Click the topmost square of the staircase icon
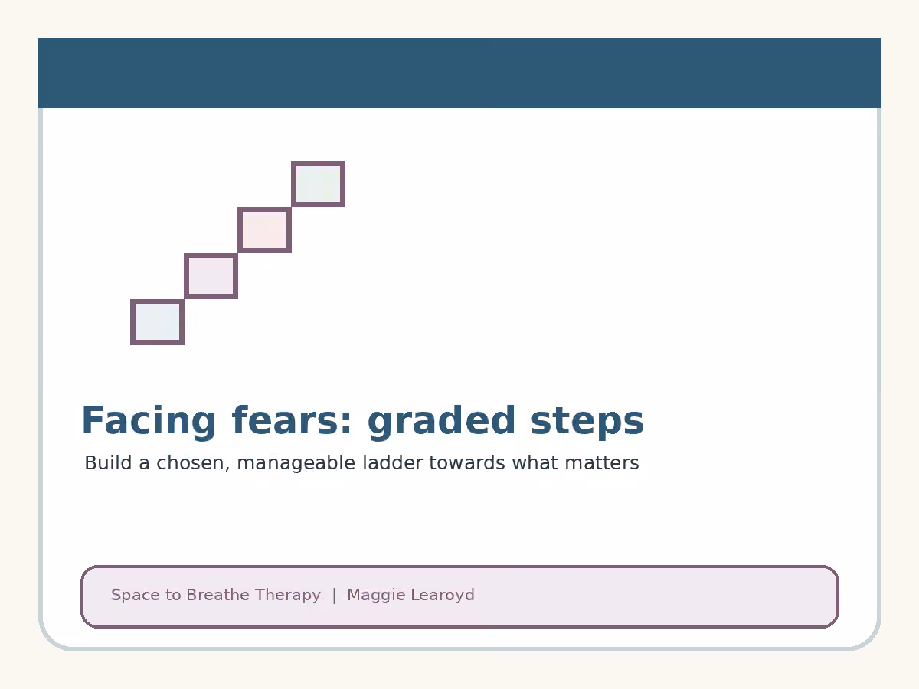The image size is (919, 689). [x=318, y=184]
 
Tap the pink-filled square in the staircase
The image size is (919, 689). [x=265, y=230]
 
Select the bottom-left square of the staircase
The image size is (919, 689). [x=158, y=322]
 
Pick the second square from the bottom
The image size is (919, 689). [x=211, y=276]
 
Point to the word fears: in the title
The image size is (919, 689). [x=292, y=420]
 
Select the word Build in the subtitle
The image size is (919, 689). [x=109, y=462]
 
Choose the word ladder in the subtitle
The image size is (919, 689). [x=393, y=462]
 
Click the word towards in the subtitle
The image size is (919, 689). [x=467, y=462]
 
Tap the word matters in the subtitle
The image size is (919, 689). [x=602, y=462]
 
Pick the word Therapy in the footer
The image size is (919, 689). [x=288, y=596]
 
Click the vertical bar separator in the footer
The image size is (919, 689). [x=334, y=596]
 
